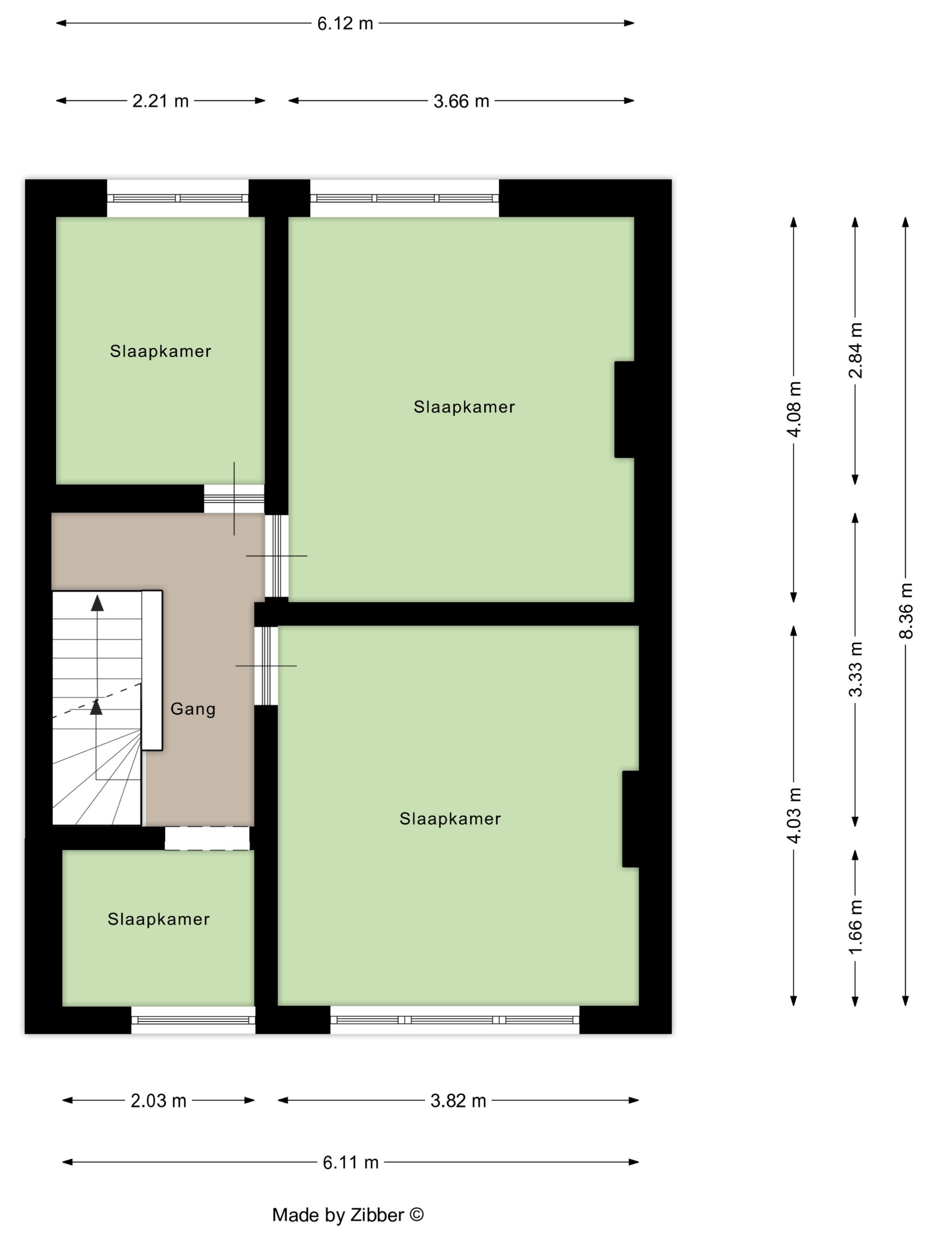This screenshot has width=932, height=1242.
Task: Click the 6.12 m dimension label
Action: click(x=345, y=24)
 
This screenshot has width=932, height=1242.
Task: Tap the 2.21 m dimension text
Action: click(x=160, y=101)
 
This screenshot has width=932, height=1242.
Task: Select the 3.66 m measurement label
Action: click(x=461, y=101)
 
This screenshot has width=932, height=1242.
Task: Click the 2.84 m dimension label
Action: click(x=855, y=350)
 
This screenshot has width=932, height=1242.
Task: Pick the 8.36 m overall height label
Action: click(x=906, y=610)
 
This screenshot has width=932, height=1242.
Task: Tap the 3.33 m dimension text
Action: click(x=855, y=669)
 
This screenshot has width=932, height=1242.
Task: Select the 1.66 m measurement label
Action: click(x=855, y=927)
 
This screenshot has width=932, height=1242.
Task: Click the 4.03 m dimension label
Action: click(x=794, y=815)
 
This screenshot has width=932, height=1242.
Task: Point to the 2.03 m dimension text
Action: click(x=158, y=1101)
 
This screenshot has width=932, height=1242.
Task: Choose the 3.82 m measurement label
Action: click(x=458, y=1101)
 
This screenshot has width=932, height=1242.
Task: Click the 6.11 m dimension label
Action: click(x=351, y=1162)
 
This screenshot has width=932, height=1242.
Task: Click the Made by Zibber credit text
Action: click(x=348, y=1214)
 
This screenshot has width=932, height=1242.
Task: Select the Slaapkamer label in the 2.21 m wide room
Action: click(x=161, y=351)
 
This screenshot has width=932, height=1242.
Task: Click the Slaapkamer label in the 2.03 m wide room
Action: click(x=158, y=919)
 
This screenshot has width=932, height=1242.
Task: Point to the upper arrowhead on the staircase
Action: click(x=97, y=602)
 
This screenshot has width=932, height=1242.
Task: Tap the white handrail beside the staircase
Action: click(x=152, y=670)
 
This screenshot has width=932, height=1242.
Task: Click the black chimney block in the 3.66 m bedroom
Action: click(x=625, y=409)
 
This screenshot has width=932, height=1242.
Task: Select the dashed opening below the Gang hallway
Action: click(x=207, y=838)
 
